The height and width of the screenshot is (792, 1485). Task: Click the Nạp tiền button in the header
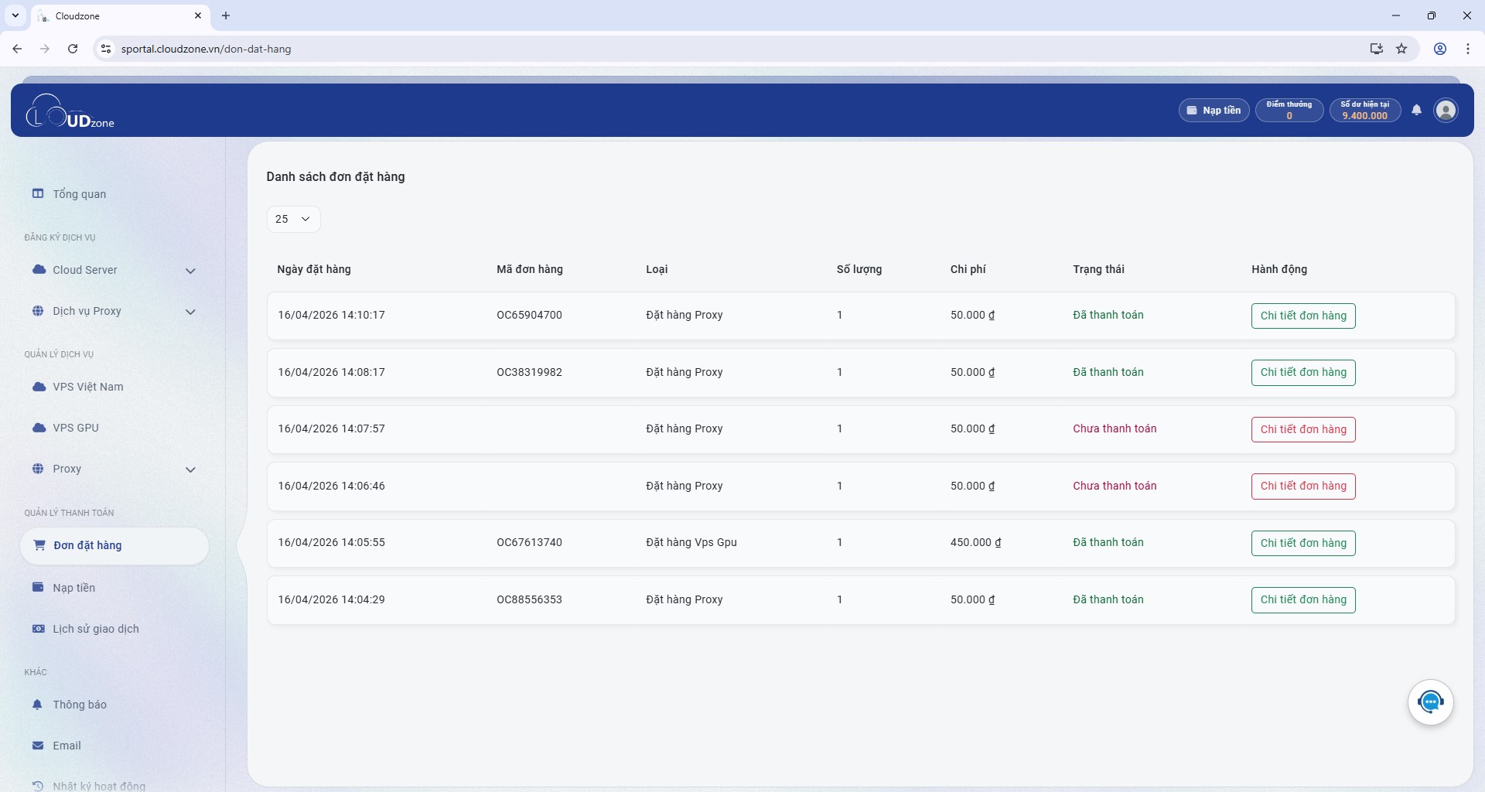1214,111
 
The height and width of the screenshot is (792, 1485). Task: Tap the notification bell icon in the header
1416,110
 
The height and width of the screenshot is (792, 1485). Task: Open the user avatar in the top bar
1446,111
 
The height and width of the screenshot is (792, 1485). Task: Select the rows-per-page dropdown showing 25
293,219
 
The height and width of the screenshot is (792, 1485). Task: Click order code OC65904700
529,315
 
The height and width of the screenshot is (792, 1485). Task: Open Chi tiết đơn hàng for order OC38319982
1303,372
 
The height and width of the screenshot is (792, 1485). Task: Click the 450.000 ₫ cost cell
975,542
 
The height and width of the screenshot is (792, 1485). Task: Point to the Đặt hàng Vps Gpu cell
691,542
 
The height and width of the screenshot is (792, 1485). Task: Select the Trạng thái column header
1098,269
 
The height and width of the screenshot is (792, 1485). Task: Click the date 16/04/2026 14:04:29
331,599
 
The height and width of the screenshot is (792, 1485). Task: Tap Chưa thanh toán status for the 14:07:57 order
1115,428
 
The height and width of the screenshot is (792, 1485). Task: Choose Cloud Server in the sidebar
85,270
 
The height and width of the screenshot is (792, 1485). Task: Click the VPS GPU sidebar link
76,428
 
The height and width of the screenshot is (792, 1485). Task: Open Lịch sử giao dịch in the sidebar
96,629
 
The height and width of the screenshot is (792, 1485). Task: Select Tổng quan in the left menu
80,194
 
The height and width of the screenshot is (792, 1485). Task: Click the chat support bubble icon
1431,702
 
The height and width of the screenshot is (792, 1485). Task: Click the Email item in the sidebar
67,746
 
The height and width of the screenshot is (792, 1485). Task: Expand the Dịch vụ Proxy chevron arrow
190,312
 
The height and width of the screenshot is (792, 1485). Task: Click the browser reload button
73,49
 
